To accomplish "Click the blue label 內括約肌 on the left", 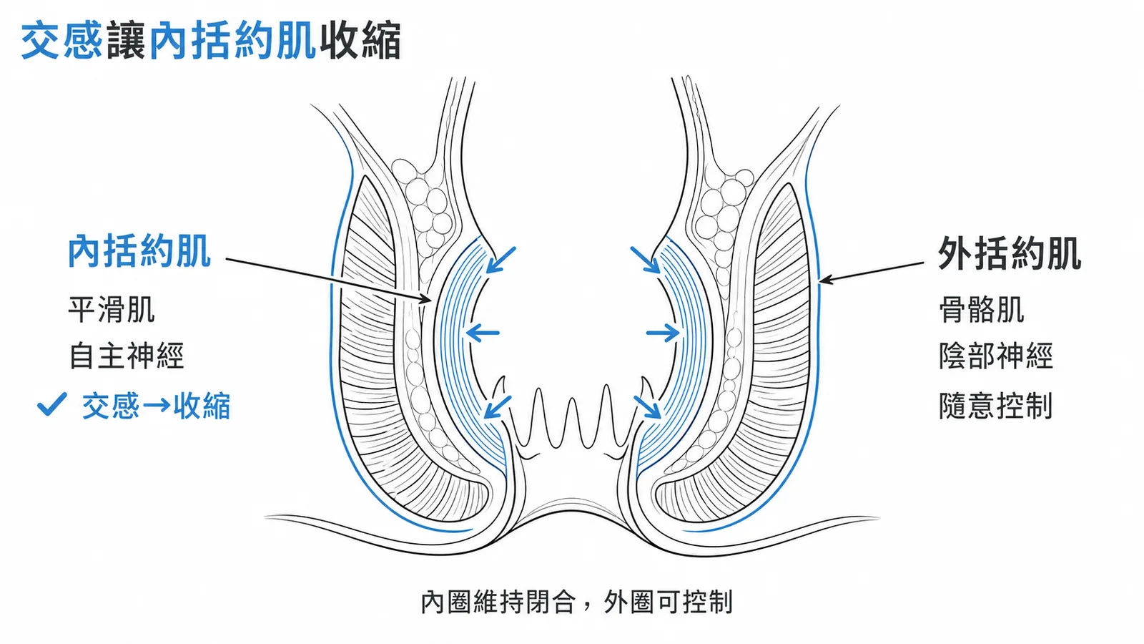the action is point(139,251).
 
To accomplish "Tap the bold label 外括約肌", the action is point(1010,253).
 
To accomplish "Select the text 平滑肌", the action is point(112,310).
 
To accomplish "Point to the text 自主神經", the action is point(126,356).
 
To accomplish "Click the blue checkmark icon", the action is point(52,404).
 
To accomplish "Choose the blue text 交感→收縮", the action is point(157,406).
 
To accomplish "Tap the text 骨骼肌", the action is point(982,310).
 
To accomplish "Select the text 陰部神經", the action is point(996,356).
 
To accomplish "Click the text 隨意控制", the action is point(996,406).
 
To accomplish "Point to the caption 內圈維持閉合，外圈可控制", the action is point(576,602).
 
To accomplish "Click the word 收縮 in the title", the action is point(360,40).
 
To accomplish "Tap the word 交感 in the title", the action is point(61,40).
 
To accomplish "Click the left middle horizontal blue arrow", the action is point(483,333).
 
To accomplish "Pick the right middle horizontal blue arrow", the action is point(663,333).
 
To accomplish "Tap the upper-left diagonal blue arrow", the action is point(500,260).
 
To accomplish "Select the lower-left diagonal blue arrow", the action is point(498,407).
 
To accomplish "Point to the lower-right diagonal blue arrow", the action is point(648,407).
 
